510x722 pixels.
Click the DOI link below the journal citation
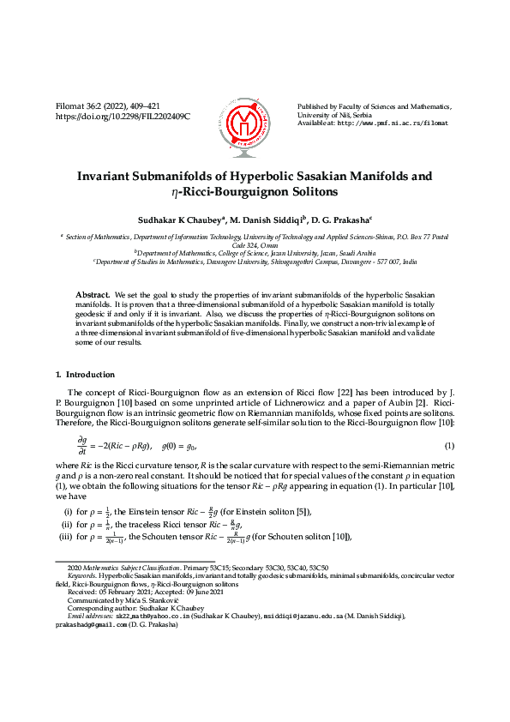(123, 116)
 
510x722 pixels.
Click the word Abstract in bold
(93, 293)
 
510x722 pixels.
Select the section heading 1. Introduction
(85, 375)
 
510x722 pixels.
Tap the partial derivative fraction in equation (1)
(82, 447)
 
